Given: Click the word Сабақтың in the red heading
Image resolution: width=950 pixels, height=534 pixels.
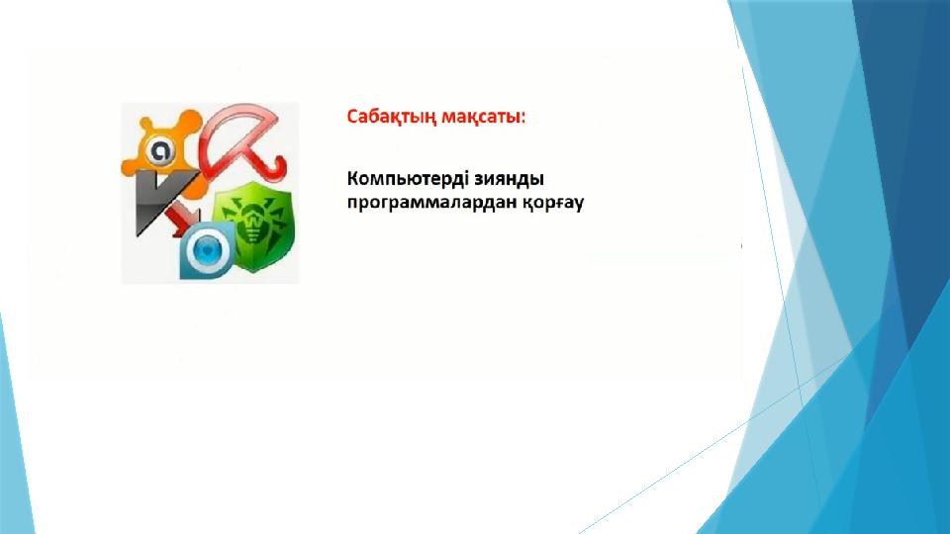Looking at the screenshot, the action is click(x=391, y=117).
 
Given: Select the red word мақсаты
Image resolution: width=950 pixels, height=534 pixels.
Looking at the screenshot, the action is click(x=481, y=117).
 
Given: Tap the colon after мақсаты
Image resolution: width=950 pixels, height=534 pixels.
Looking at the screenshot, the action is click(x=523, y=118).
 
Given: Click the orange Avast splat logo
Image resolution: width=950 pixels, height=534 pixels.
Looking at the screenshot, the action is click(x=161, y=147).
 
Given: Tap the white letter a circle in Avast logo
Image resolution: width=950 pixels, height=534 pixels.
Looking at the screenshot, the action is click(x=160, y=150).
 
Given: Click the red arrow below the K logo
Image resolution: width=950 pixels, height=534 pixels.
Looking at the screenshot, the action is click(x=184, y=221).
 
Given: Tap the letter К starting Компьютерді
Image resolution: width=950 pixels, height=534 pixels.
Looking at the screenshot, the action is click(x=353, y=179).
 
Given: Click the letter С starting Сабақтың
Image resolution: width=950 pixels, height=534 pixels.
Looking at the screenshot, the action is click(x=353, y=117).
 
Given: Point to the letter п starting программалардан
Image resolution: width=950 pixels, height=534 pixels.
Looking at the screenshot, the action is click(x=352, y=204).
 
